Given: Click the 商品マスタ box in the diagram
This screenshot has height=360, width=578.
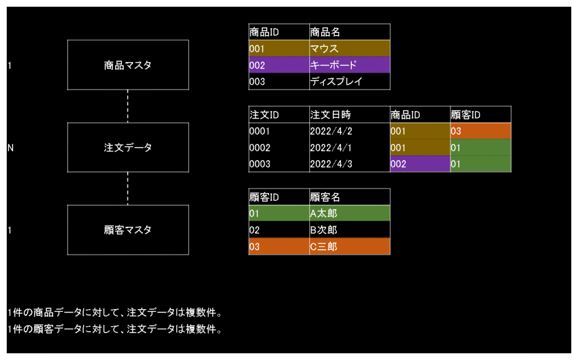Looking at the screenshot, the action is [x=128, y=65].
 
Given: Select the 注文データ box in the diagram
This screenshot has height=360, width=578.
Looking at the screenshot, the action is [x=128, y=147].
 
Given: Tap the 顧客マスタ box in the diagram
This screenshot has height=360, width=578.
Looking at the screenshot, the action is [x=128, y=230].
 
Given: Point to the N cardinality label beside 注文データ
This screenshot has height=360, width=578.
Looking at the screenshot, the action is [x=10, y=148].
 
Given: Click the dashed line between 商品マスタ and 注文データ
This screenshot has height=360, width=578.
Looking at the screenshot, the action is [x=128, y=106].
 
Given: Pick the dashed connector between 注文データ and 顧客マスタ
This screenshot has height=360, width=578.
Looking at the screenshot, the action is [x=128, y=188].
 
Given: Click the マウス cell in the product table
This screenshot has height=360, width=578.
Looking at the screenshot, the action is [x=350, y=49].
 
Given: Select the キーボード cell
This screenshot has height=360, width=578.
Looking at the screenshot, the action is [x=350, y=65].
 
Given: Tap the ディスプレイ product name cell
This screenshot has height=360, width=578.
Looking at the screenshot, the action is [x=350, y=81].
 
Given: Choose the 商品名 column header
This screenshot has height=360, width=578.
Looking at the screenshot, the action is [x=350, y=32].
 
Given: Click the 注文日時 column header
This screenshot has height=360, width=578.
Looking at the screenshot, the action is [x=350, y=115].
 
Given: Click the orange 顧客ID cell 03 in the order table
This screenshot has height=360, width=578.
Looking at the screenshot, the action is [x=481, y=131].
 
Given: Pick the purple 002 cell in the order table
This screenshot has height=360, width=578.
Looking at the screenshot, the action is [x=420, y=164].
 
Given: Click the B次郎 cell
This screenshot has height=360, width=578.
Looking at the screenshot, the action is [x=350, y=230].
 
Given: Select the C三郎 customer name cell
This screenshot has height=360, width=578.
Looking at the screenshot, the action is [x=350, y=246].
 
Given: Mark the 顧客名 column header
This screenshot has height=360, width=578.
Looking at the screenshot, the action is [x=350, y=197].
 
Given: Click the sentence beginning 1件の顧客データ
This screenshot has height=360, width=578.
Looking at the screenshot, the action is [x=115, y=328].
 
